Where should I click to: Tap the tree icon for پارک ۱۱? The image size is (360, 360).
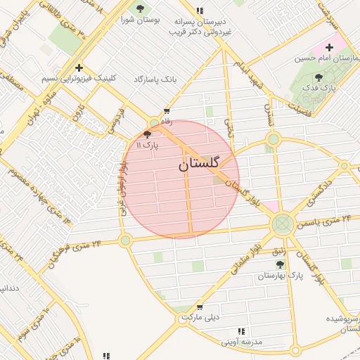click(x=147, y=134)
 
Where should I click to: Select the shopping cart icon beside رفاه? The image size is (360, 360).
click(x=167, y=111)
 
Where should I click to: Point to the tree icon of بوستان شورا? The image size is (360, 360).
click(x=140, y=9)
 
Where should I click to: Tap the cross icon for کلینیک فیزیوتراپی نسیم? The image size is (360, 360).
click(x=79, y=68)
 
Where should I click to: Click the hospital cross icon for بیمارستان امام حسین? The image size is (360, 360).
click(x=330, y=47)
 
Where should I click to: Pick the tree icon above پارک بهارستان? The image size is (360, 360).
click(x=280, y=264)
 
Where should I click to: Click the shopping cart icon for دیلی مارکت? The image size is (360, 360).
click(x=200, y=307)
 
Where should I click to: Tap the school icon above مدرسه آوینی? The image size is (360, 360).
click(x=241, y=331)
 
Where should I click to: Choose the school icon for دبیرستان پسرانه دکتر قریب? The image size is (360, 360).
click(x=200, y=11)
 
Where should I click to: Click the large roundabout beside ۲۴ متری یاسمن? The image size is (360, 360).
click(x=283, y=224)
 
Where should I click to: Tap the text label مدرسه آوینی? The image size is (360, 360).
click(x=241, y=342)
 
